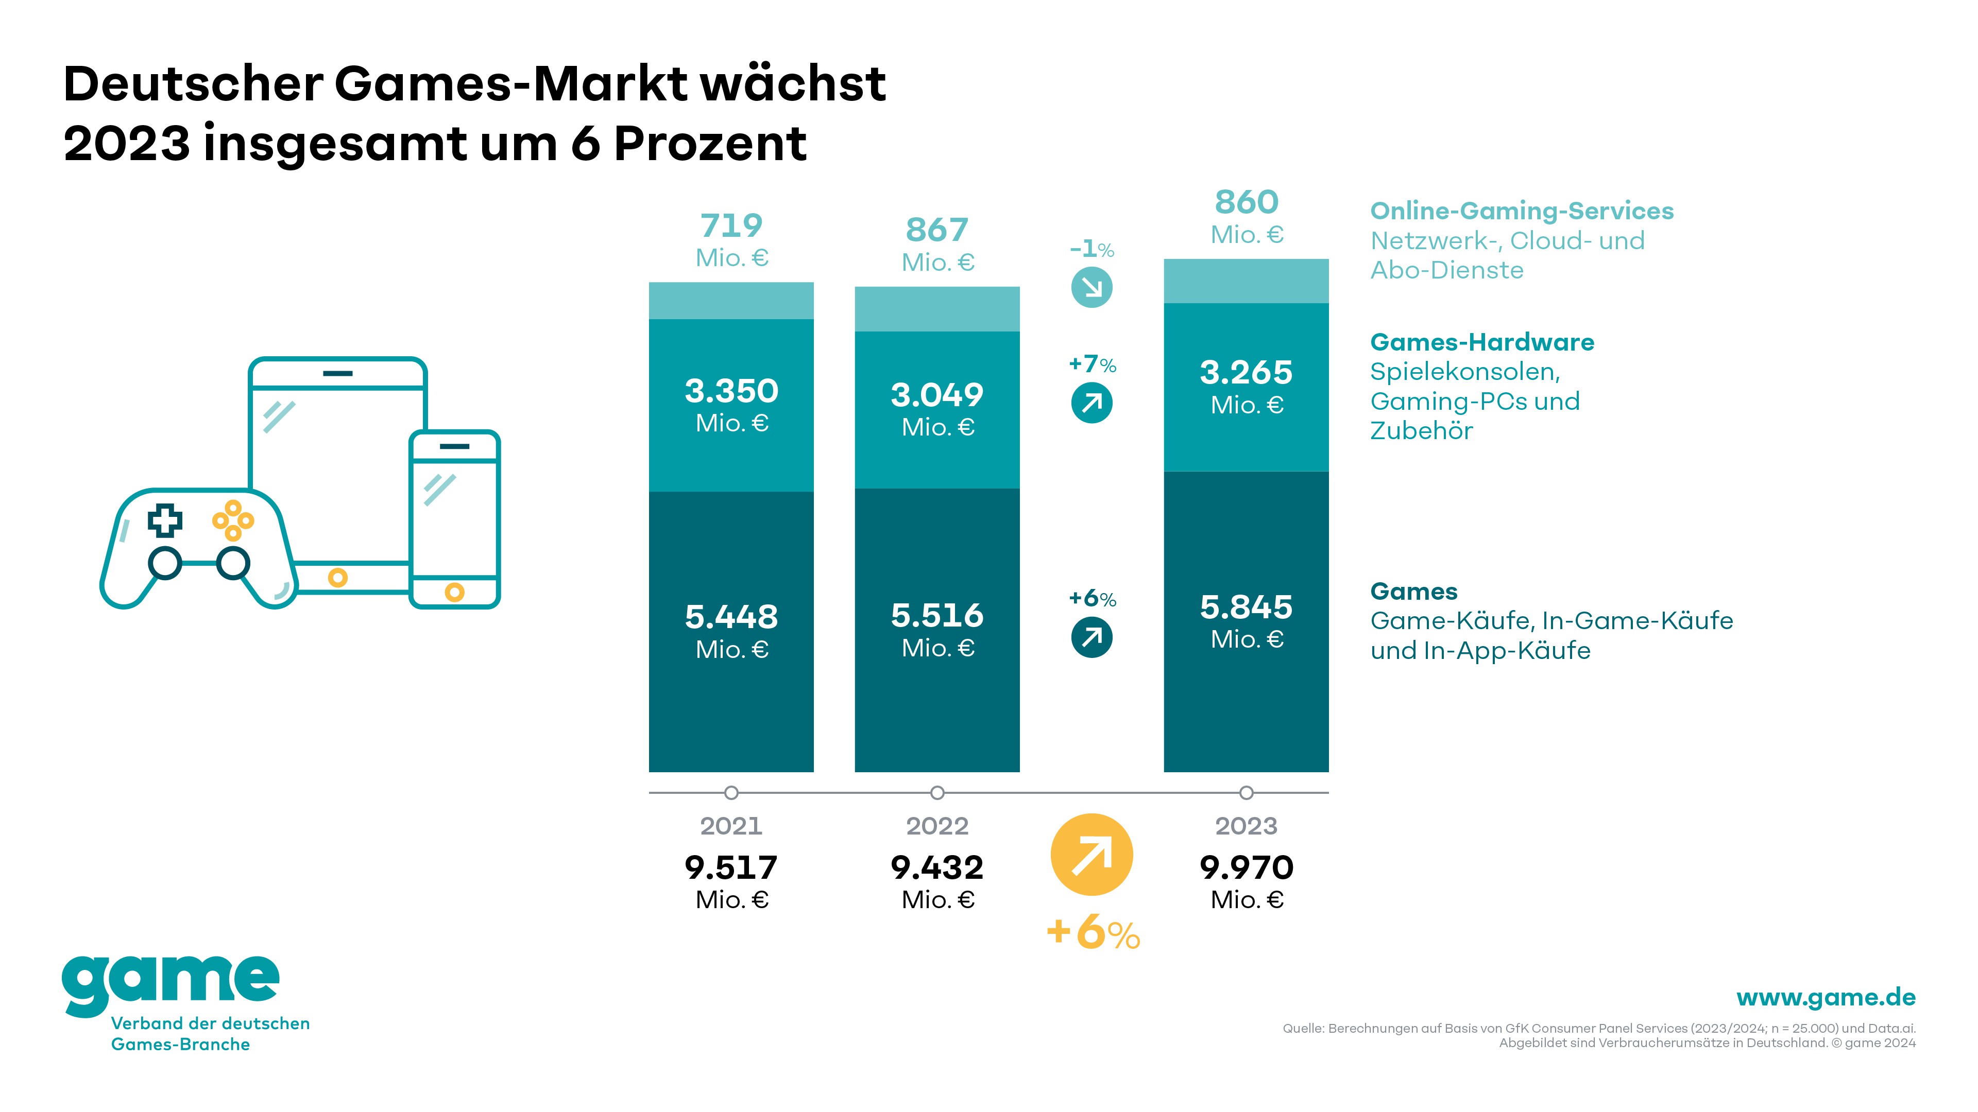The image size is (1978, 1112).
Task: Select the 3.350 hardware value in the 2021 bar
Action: pos(731,391)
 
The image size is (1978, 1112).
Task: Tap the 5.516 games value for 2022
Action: pos(937,616)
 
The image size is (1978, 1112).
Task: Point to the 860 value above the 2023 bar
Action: pos(1246,203)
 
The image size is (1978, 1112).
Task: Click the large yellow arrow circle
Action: pos(1091,854)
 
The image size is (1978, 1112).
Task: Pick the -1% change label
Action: pos(1091,249)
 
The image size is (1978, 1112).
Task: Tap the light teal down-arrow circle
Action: pos(1091,288)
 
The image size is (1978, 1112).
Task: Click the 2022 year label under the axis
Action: pos(937,826)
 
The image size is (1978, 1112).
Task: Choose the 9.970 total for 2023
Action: pos(1246,867)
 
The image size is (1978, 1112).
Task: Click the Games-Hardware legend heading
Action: pos(1482,342)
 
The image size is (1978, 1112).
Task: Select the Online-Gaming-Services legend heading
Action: pos(1521,211)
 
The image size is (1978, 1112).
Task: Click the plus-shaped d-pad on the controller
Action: pos(165,520)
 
